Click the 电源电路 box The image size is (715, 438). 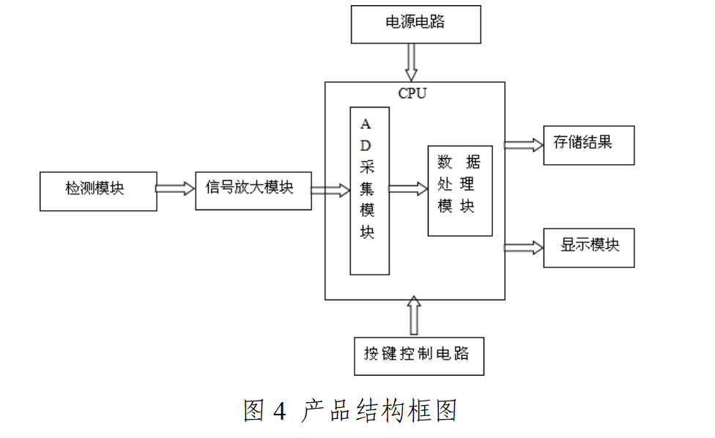tap(415, 23)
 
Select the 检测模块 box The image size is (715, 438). tap(98, 190)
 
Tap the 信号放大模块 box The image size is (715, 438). tap(253, 190)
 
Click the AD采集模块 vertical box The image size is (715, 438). tap(369, 190)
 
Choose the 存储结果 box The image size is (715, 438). tap(588, 144)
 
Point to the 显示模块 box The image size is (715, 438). tap(588, 248)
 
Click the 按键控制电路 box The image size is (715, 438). tap(419, 355)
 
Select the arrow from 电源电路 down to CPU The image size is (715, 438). tap(411, 62)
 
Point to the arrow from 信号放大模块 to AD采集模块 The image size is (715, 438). tap(331, 190)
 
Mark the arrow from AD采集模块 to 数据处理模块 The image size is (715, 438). tap(408, 189)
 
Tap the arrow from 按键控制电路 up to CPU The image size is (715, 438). tap(414, 316)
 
